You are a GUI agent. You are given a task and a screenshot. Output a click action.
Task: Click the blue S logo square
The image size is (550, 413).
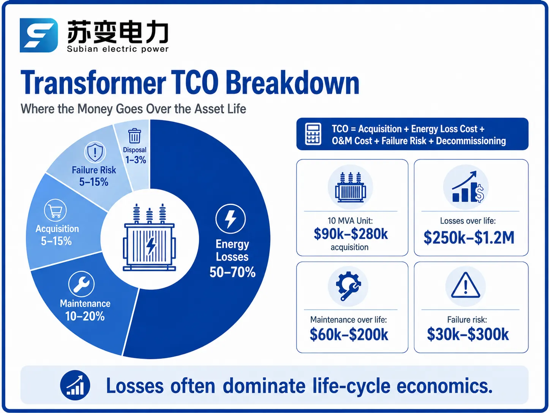tap(39, 35)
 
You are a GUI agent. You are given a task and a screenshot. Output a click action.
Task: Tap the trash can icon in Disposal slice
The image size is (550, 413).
tap(134, 136)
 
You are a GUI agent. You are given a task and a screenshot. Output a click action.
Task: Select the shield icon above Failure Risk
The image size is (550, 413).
tap(95, 152)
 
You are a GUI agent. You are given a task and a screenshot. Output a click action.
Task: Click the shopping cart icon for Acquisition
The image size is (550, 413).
tap(55, 210)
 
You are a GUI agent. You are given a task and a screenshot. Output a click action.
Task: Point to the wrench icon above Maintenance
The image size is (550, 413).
tap(81, 284)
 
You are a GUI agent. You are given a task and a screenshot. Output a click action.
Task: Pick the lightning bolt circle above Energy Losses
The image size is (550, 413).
tap(230, 219)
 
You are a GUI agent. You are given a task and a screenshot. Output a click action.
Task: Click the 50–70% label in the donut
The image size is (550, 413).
tap(232, 272)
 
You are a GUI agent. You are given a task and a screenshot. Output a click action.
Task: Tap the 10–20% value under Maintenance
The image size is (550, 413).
tap(85, 316)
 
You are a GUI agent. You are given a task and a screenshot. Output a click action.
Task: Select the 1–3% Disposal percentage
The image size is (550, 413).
tap(136, 160)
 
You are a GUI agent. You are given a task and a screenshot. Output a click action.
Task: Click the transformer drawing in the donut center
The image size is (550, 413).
tap(149, 237)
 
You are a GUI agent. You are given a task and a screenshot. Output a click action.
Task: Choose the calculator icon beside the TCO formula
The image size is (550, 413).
tap(313, 134)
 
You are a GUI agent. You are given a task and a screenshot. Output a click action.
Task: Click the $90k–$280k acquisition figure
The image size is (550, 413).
tap(351, 234)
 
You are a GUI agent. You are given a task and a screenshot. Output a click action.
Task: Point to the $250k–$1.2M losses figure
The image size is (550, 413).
tap(469, 237)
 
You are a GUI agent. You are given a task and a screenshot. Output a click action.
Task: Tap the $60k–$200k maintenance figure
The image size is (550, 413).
tap(349, 334)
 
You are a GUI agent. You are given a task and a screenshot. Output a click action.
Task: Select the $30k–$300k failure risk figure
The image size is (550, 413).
tap(468, 334)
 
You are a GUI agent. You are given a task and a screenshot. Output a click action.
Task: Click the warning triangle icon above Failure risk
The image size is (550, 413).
tap(466, 285)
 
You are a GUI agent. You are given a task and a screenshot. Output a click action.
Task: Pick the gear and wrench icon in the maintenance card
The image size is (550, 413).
tap(348, 286)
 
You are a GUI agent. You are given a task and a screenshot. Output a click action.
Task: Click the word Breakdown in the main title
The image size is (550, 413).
tap(292, 83)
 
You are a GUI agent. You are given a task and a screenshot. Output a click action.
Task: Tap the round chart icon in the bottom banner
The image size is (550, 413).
tap(75, 385)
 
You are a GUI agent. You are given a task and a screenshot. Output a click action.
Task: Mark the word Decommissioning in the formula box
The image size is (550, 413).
tap(471, 141)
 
